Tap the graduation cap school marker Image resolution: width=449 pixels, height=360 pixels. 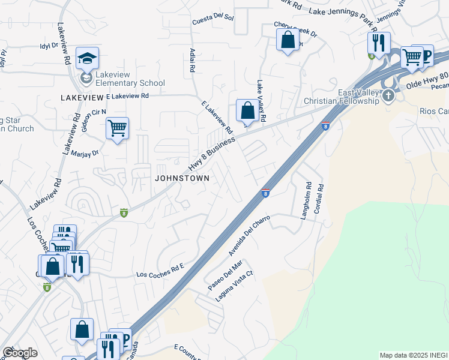click(87, 58)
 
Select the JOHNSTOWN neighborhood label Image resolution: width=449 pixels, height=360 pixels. click(182, 178)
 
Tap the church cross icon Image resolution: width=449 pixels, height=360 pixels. click(389, 95)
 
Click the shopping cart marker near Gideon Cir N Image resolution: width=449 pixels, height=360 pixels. click(117, 128)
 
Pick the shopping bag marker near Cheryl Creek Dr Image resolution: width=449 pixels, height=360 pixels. click(288, 40)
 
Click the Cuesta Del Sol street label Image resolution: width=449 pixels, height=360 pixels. click(212, 20)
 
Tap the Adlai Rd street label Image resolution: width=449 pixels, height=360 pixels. click(192, 61)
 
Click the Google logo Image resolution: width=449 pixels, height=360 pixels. click(20, 353)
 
